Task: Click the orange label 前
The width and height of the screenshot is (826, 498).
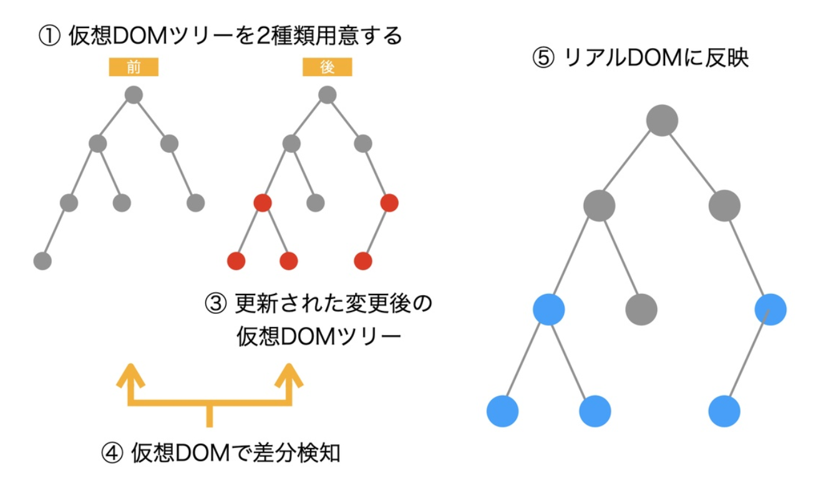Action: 134,67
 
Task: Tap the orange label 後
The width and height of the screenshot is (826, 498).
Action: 328,67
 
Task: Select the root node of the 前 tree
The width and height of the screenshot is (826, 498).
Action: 134,95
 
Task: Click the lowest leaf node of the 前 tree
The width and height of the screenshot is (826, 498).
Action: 42,260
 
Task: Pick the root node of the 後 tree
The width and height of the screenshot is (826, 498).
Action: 328,95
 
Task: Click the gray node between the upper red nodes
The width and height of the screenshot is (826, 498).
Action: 316,203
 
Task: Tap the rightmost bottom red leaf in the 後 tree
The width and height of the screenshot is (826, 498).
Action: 362,260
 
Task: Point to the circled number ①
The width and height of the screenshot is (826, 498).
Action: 48,36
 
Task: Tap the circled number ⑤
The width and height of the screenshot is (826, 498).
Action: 542,59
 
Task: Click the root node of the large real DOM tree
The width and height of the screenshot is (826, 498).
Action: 662,120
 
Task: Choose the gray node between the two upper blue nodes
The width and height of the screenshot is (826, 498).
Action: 641,309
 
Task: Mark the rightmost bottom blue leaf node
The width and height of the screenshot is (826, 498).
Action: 724,411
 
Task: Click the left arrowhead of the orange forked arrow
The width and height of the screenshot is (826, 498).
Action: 130,374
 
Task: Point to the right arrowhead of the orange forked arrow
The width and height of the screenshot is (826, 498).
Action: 289,374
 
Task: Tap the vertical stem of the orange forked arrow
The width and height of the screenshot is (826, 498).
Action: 210,416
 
